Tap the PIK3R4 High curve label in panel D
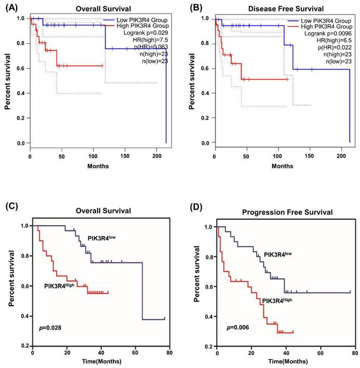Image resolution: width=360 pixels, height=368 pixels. pyautogui.click(x=280, y=301)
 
